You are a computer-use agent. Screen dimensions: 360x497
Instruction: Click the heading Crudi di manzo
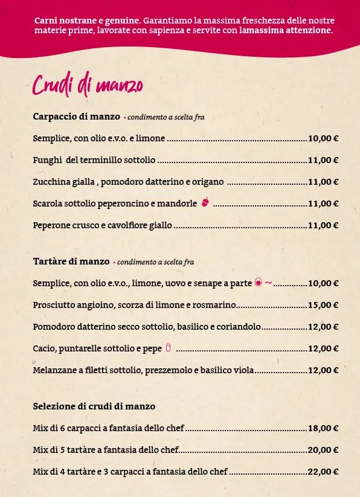point(88,85)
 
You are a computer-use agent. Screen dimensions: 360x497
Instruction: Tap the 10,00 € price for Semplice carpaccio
point(323,138)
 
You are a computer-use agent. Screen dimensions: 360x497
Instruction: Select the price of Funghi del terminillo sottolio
point(323,160)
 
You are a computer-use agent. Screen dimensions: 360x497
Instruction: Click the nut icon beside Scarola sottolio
point(205,202)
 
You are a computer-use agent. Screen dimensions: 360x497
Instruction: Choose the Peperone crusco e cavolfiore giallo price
point(323,225)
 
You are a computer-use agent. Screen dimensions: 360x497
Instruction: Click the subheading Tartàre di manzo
point(71,261)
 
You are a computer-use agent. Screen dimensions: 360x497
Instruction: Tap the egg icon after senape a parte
point(259,282)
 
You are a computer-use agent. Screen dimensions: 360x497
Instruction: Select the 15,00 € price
point(323,305)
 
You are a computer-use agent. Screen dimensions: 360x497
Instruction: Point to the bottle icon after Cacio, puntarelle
point(169,347)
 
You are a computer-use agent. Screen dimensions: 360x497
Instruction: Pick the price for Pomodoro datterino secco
point(323,327)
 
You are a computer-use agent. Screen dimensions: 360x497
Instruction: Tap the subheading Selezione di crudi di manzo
point(94,406)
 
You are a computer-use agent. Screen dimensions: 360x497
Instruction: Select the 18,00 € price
point(323,428)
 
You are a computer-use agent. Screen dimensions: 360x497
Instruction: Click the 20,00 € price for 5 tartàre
point(323,450)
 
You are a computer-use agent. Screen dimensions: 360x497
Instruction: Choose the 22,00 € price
point(323,472)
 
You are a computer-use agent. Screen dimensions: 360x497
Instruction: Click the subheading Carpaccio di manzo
point(76,117)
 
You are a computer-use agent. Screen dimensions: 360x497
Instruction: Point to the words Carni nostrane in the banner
point(57,21)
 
